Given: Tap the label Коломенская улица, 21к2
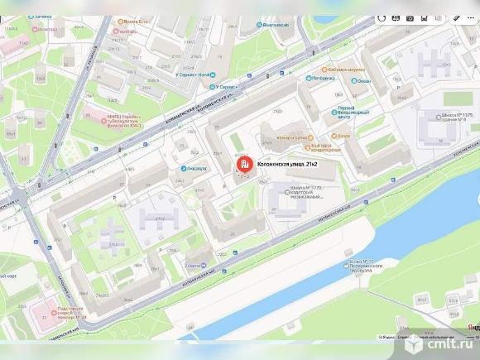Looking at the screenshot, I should pyautogui.click(x=288, y=165).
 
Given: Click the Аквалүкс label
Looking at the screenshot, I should pyautogui.click(x=195, y=168).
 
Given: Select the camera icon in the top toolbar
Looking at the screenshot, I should pyautogui.click(x=409, y=17).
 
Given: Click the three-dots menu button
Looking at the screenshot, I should pyautogui.click(x=469, y=17).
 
